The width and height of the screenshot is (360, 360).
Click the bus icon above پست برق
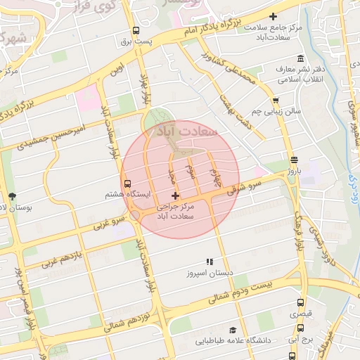pos(136,30)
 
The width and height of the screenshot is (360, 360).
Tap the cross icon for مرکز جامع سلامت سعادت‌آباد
pos(274,16)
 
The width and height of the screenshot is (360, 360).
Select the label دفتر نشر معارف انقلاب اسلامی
pos(300,74)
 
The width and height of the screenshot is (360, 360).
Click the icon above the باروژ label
pos(293,160)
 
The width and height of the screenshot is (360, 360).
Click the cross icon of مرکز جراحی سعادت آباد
pos(175,195)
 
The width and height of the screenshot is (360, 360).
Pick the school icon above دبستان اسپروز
pos(210,262)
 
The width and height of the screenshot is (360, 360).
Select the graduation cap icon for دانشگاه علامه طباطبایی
pos(231,330)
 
